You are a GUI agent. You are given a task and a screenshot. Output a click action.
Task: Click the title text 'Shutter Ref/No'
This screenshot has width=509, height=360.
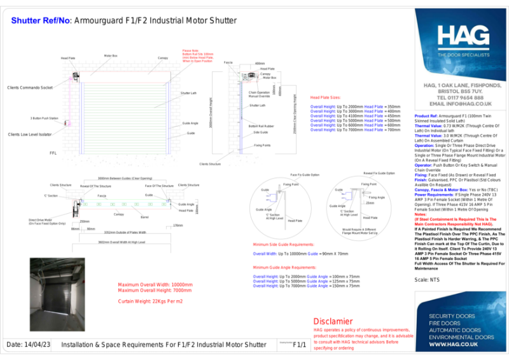point(39,20)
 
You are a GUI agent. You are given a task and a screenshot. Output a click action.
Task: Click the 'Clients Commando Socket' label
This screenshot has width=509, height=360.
point(29,87)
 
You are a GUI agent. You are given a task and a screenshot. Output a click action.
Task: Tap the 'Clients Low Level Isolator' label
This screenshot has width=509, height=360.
point(31,135)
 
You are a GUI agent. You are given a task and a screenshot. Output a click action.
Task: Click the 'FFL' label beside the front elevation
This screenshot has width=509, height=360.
point(53,153)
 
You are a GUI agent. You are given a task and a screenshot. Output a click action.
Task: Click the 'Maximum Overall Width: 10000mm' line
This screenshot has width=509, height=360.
point(156,284)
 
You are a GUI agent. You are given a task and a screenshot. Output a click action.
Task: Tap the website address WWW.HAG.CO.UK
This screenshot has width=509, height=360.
point(454,344)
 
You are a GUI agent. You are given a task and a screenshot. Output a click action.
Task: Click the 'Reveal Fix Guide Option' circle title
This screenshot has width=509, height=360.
point(379,172)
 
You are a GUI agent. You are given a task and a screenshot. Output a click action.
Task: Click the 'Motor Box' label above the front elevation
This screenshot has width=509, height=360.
point(110,56)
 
